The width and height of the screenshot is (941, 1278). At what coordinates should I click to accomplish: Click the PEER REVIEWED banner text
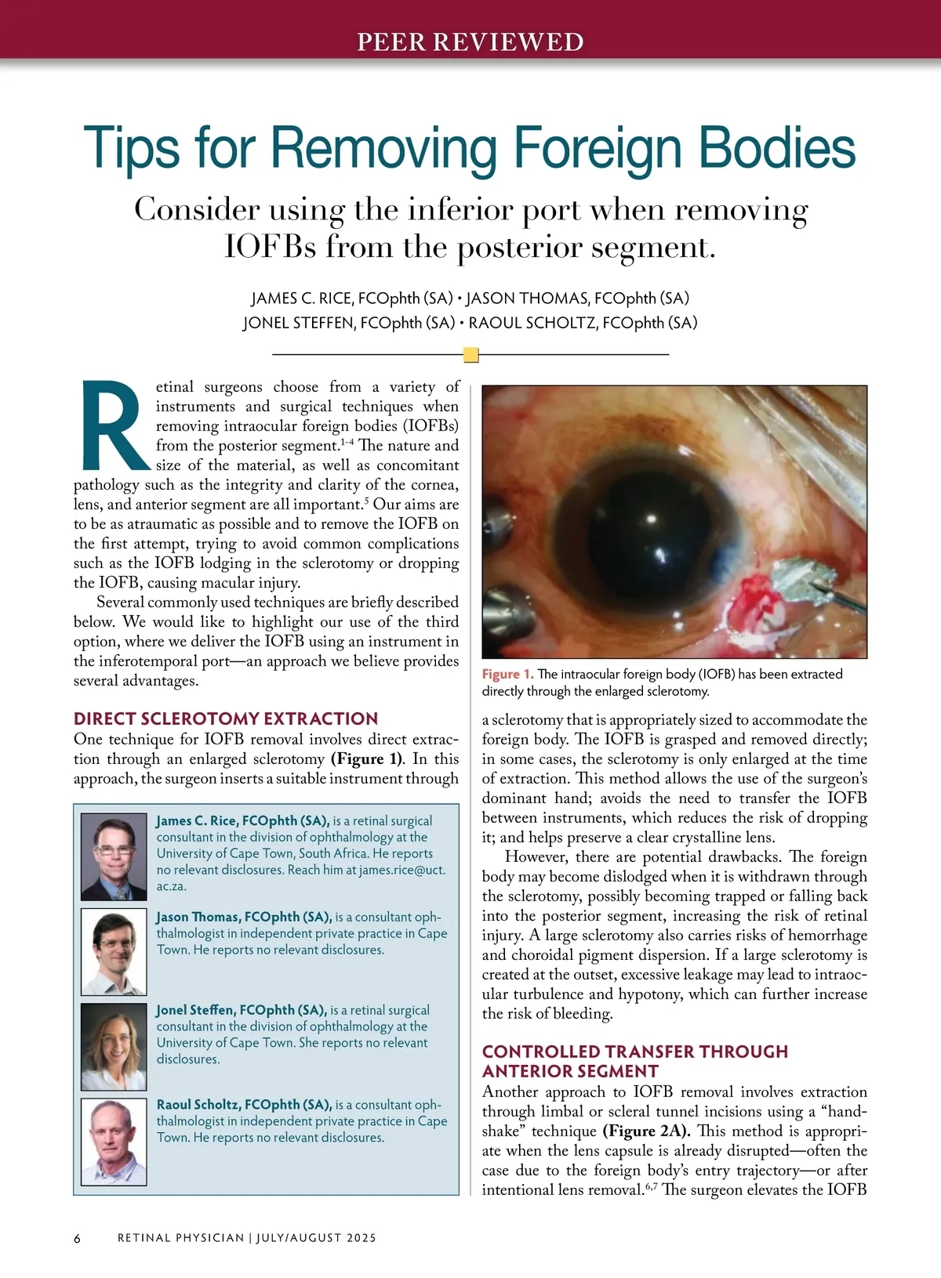click(x=470, y=42)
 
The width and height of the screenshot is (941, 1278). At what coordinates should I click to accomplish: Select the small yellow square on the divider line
click(x=470, y=355)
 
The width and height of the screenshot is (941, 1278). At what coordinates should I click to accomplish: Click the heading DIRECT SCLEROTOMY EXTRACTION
click(x=226, y=719)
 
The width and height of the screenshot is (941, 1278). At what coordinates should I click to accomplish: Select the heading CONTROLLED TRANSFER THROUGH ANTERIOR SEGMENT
click(x=635, y=1061)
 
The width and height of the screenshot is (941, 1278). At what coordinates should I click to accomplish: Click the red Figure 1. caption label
click(x=507, y=674)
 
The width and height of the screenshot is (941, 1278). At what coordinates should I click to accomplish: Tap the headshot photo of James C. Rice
click(x=114, y=856)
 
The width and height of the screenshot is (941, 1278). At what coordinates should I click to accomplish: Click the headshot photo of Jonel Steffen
click(x=114, y=1047)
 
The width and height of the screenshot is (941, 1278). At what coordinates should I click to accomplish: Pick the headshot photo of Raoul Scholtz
click(x=114, y=1141)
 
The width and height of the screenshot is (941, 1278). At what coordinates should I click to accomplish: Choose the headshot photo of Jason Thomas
click(x=114, y=951)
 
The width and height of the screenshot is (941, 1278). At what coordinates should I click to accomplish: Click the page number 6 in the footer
click(x=77, y=1238)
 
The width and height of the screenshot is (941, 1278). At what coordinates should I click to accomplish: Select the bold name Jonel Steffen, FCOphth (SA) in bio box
click(x=241, y=1010)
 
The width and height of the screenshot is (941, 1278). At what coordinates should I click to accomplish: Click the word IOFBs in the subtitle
click(x=271, y=247)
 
